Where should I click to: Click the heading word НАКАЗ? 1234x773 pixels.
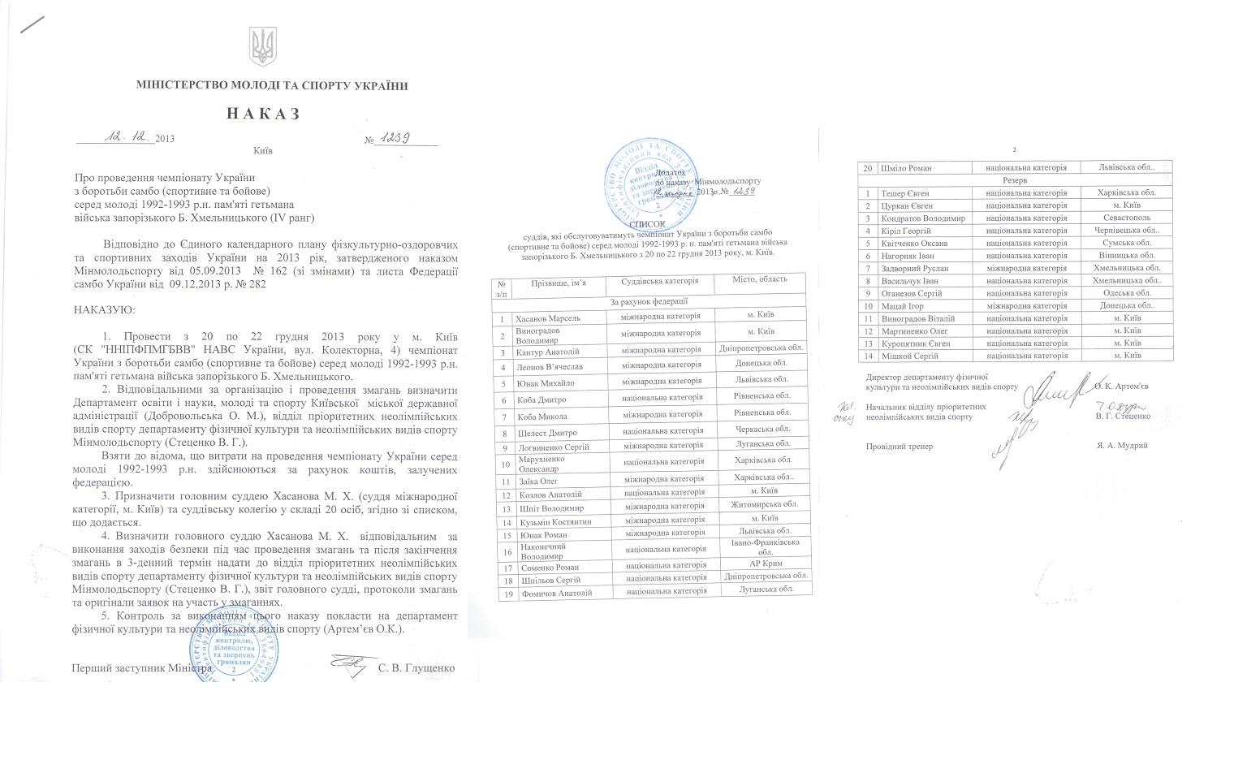[263, 114]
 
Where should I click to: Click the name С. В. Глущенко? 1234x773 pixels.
[416, 668]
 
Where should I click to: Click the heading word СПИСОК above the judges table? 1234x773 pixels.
[646, 224]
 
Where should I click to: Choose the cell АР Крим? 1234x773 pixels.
[764, 564]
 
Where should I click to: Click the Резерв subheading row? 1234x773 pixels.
[1016, 180]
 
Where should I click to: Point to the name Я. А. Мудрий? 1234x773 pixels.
[1123, 446]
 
